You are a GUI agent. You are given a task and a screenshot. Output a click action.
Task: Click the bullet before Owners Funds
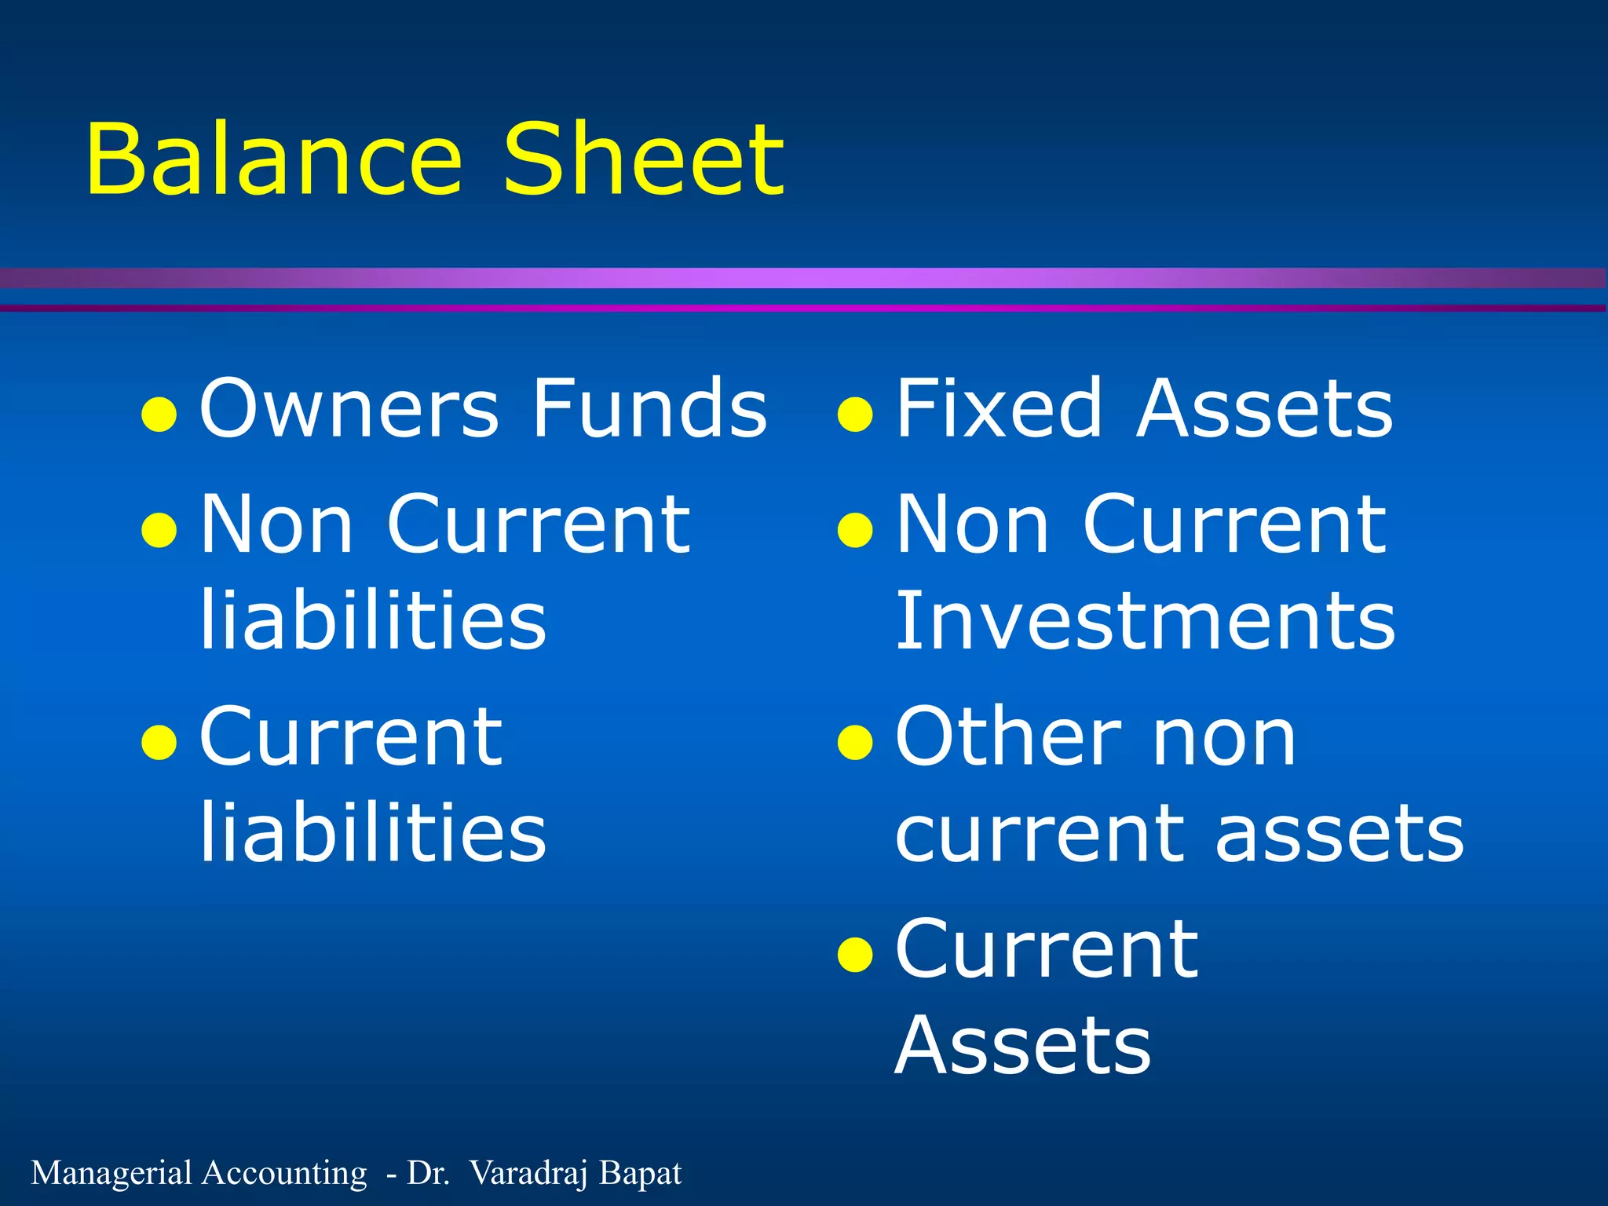159,415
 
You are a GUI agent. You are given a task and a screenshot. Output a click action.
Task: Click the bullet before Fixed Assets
855,415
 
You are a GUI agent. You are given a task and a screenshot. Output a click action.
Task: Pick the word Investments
1145,621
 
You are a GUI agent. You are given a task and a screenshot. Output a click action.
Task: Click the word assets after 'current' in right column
1339,834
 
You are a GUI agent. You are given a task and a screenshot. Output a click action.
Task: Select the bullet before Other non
855,742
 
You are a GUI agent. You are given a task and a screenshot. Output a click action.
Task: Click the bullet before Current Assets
855,955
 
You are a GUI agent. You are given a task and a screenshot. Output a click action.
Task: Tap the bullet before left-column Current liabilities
159,742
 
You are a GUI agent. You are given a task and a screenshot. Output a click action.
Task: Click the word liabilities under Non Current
373,621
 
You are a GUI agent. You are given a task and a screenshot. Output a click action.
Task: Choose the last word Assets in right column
1022,1046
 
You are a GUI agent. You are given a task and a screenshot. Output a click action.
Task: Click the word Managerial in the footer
111,1173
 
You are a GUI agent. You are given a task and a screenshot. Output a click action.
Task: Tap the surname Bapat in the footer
640,1173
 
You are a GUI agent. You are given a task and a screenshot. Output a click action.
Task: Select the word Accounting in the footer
283,1173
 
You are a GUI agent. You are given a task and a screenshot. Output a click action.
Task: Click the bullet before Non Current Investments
855,530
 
